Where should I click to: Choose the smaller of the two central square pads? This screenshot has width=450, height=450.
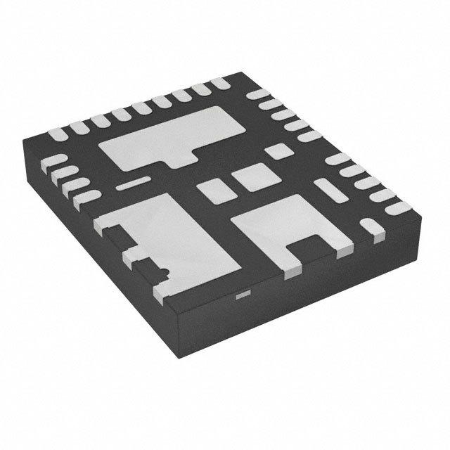coord(212,189)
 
